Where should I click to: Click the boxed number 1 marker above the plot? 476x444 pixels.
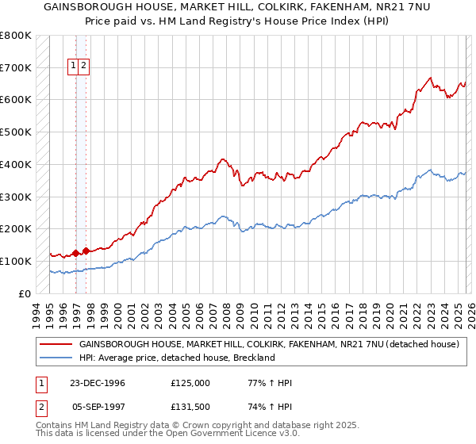click(x=74, y=67)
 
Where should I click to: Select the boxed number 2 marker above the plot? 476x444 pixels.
click(x=84, y=67)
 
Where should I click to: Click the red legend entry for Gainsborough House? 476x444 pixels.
click(x=269, y=345)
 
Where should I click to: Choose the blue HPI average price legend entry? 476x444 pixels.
click(x=176, y=358)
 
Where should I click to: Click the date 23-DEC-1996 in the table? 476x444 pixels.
click(x=97, y=383)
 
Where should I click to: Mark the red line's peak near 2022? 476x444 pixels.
click(x=429, y=78)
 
